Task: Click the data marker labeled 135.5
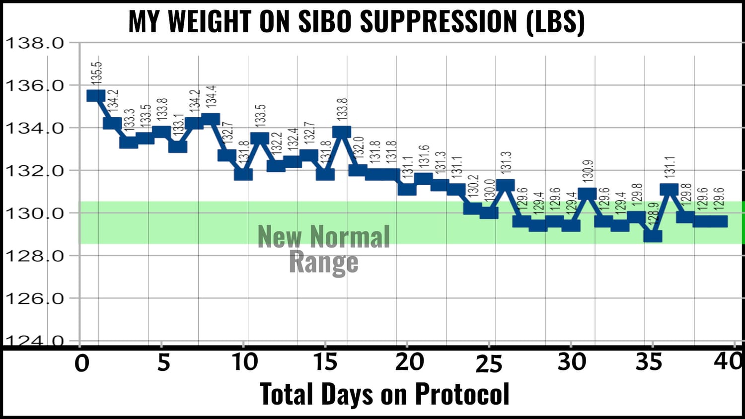(95, 95)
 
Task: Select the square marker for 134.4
(211, 119)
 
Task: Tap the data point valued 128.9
(653, 236)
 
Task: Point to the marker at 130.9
(587, 194)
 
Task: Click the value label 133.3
(130, 120)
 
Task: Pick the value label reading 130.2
(473, 185)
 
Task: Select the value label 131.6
(424, 155)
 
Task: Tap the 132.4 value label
(293, 139)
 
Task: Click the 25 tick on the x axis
(489, 364)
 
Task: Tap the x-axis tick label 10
(245, 362)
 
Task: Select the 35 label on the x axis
(649, 362)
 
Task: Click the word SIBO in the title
(325, 22)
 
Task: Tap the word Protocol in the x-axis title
(462, 394)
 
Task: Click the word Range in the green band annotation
(323, 262)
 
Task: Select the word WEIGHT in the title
(209, 22)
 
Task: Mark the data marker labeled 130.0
(489, 212)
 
